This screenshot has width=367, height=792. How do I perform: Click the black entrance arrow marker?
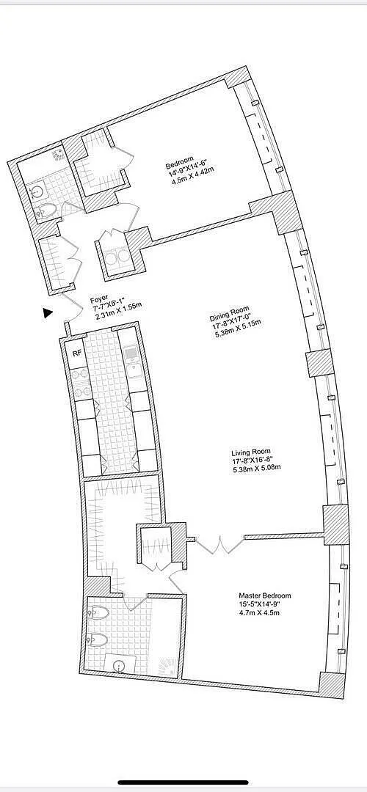pyautogui.click(x=48, y=313)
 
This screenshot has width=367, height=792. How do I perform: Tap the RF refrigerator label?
pyautogui.click(x=77, y=353)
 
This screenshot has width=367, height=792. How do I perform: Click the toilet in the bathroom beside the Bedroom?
pyautogui.click(x=47, y=210)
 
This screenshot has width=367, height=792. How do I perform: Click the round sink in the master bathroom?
pyautogui.click(x=120, y=667)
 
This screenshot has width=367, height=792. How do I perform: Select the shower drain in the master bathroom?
pyautogui.click(x=167, y=665)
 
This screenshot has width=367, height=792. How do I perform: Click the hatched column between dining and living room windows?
pyautogui.click(x=320, y=362)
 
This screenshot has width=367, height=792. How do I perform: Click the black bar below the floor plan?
pyautogui.click(x=183, y=783)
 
